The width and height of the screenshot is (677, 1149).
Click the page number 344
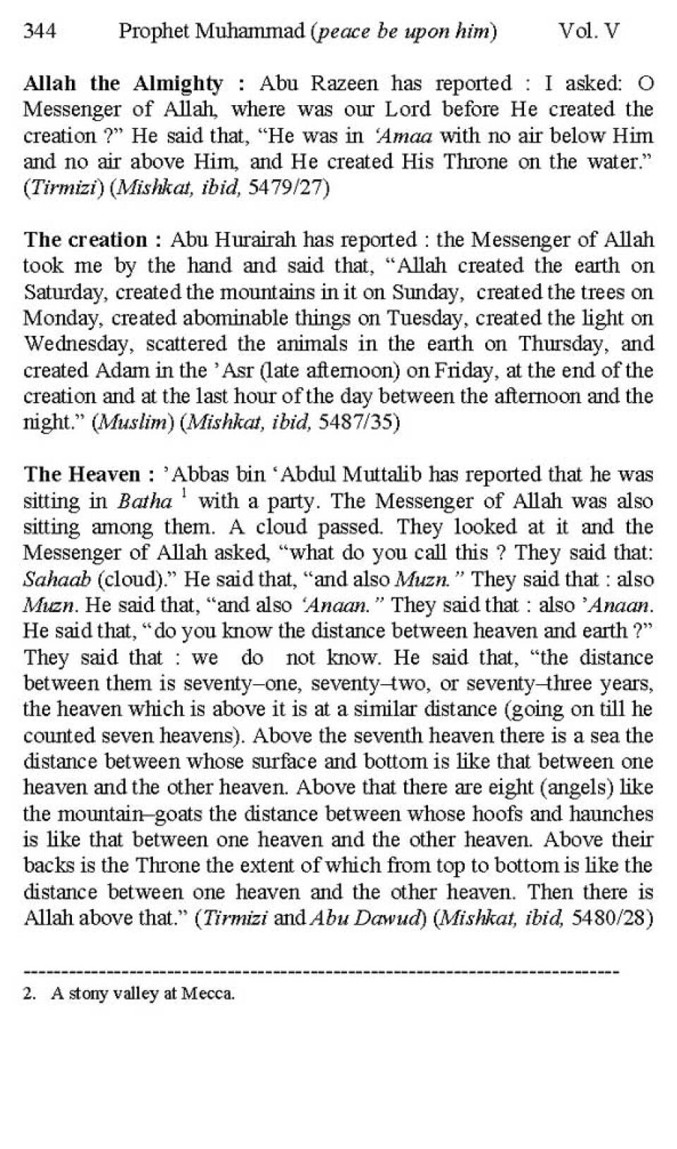(40, 31)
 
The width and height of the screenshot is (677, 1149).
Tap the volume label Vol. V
(589, 31)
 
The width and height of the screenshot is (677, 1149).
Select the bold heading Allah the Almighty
(123, 83)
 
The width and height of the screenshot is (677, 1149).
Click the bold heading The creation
(85, 240)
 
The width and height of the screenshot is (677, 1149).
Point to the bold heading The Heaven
(82, 475)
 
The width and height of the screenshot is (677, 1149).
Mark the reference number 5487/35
(358, 422)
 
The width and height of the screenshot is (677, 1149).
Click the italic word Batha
(145, 501)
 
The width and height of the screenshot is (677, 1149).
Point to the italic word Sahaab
(56, 580)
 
